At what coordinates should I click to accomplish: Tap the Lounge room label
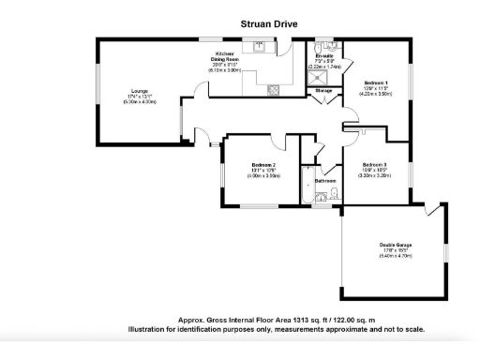coord(139,91)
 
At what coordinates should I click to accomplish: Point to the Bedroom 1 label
coord(375,83)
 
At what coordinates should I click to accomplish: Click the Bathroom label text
coord(325,181)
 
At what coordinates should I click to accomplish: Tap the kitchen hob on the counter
coord(274,90)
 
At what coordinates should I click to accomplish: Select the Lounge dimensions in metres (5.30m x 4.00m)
coord(139,101)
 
